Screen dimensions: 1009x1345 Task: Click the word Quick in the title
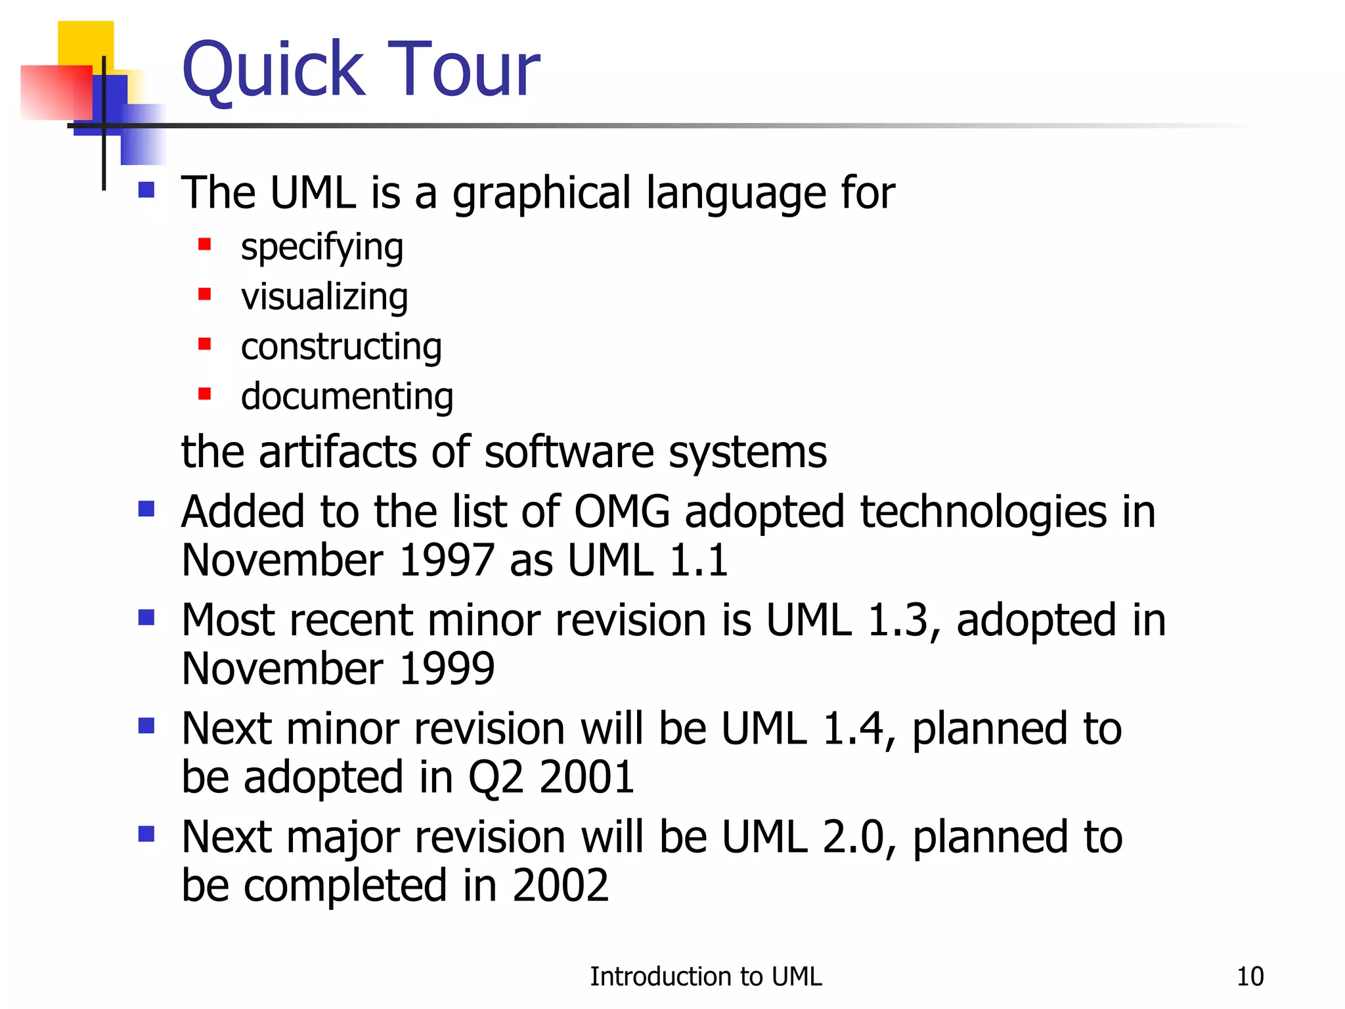pos(273,69)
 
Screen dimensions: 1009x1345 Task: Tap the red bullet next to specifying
pos(204,244)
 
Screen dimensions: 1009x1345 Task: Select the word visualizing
pos(324,297)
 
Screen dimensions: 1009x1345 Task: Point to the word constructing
pos(341,347)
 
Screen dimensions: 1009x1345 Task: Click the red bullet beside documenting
pos(204,394)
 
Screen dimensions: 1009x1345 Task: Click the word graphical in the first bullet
pos(542,194)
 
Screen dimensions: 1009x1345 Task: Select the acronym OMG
pos(622,512)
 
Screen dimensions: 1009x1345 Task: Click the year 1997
pos(446,560)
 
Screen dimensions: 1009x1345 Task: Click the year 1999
pos(446,669)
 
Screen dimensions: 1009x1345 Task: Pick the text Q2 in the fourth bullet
pos(496,777)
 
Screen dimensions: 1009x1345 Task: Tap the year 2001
pos(586,777)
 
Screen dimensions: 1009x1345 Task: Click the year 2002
pos(560,886)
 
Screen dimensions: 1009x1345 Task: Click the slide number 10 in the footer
pos(1250,977)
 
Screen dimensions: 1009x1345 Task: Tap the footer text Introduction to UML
pos(705,977)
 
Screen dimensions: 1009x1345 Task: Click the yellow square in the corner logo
pos(85,42)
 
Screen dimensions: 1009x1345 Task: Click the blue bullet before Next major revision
pos(146,834)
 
